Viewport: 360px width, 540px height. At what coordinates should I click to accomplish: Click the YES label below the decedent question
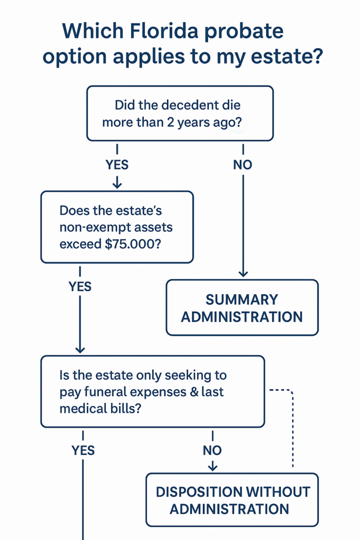pyautogui.click(x=117, y=165)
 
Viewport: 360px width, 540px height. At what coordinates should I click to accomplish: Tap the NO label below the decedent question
pyautogui.click(x=242, y=165)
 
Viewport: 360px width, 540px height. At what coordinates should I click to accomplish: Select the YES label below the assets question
pyautogui.click(x=80, y=287)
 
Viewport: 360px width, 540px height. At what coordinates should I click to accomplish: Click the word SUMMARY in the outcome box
pyautogui.click(x=242, y=300)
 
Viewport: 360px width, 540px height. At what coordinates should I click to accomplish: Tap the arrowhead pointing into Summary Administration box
pyautogui.click(x=242, y=273)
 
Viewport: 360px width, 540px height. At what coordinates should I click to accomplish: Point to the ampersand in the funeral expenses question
pyautogui.click(x=194, y=392)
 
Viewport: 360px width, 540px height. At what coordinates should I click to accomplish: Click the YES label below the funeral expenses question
pyautogui.click(x=83, y=450)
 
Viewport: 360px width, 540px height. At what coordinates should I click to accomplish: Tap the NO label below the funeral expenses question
pyautogui.click(x=212, y=450)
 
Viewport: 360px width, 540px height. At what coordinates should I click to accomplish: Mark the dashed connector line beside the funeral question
pyautogui.click(x=292, y=427)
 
